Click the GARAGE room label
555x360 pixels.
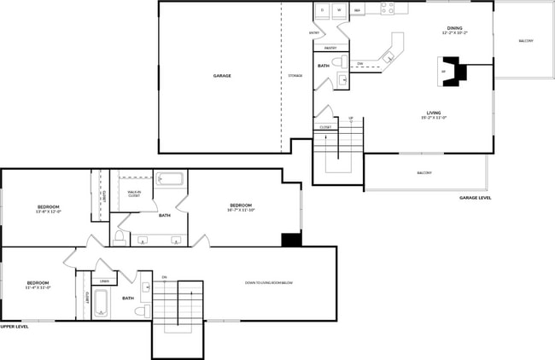coord(222,76)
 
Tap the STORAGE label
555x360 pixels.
coord(295,76)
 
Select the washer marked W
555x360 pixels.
coord(339,10)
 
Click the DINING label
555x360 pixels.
coord(454,27)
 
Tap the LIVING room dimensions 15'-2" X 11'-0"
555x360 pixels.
coord(434,118)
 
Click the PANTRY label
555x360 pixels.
coord(330,48)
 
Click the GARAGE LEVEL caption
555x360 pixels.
coord(475,197)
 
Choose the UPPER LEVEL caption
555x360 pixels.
coord(15,326)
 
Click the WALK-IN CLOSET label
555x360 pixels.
coord(134,195)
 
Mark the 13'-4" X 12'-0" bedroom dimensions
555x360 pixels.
coord(49,212)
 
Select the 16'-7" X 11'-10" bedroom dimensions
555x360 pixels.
coord(241,208)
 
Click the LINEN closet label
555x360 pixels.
coord(104,281)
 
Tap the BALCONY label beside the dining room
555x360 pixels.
coord(526,41)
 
